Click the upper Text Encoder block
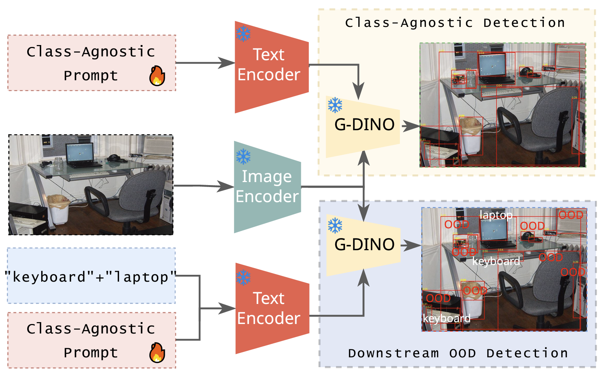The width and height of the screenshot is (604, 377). click(x=269, y=66)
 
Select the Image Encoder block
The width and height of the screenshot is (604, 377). click(x=267, y=187)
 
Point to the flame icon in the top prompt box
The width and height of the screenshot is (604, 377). click(x=157, y=76)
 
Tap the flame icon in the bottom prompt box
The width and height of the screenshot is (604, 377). click(x=157, y=353)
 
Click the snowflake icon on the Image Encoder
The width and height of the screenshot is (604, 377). click(x=243, y=156)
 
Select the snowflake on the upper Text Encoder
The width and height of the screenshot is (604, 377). click(x=243, y=34)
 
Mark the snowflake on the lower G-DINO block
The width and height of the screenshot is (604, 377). click(x=335, y=226)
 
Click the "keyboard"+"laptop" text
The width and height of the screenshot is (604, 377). click(x=91, y=277)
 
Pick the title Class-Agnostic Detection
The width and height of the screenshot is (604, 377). click(x=455, y=23)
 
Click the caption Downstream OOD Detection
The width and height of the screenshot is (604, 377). click(x=458, y=354)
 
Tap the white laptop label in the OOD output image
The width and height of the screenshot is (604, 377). click(x=496, y=215)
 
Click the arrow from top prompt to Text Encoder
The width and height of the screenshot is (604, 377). click(x=206, y=63)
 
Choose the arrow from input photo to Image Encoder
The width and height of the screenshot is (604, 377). click(x=204, y=186)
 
